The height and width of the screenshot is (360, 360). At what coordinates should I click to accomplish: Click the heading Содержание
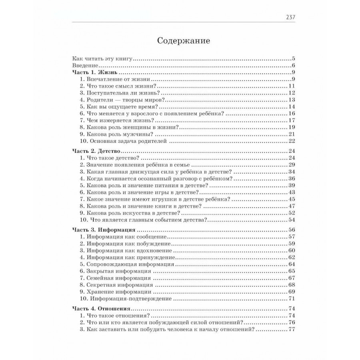pos(184,41)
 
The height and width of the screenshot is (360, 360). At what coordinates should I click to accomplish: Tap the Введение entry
pos(83,66)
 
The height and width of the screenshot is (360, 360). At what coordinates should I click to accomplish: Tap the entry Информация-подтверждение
pos(126,298)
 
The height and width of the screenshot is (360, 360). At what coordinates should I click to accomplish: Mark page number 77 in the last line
pos(291,329)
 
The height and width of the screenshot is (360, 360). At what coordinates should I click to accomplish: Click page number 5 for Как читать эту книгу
pos(293,59)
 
